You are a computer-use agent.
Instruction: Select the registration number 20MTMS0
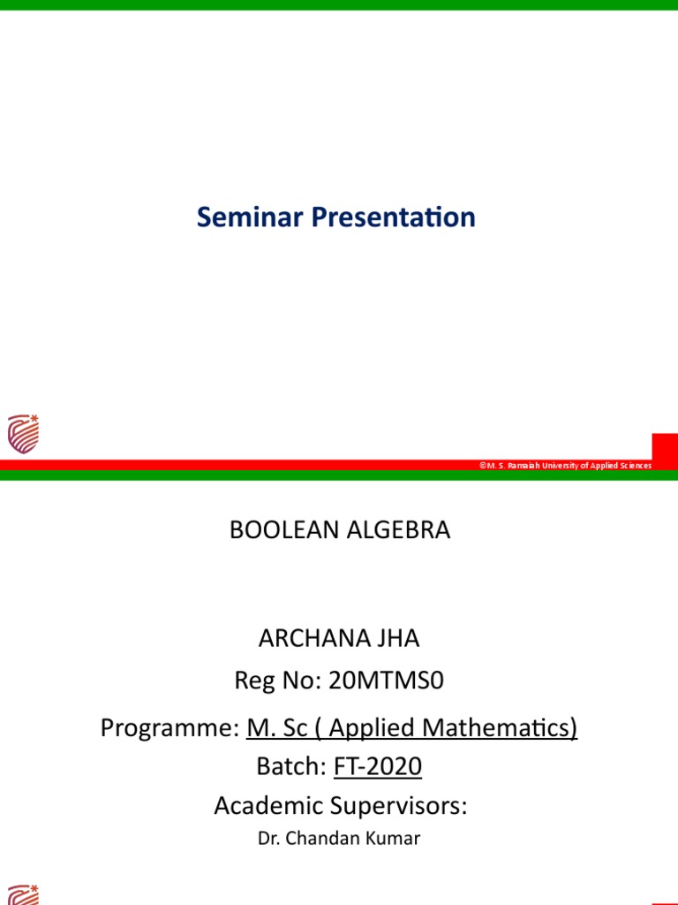386,681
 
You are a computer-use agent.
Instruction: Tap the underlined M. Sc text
275,728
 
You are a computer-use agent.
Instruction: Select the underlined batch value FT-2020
378,767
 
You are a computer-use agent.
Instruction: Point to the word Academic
268,806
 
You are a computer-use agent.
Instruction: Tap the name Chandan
325,839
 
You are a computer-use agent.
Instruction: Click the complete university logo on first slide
23,434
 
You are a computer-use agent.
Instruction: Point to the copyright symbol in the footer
483,466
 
